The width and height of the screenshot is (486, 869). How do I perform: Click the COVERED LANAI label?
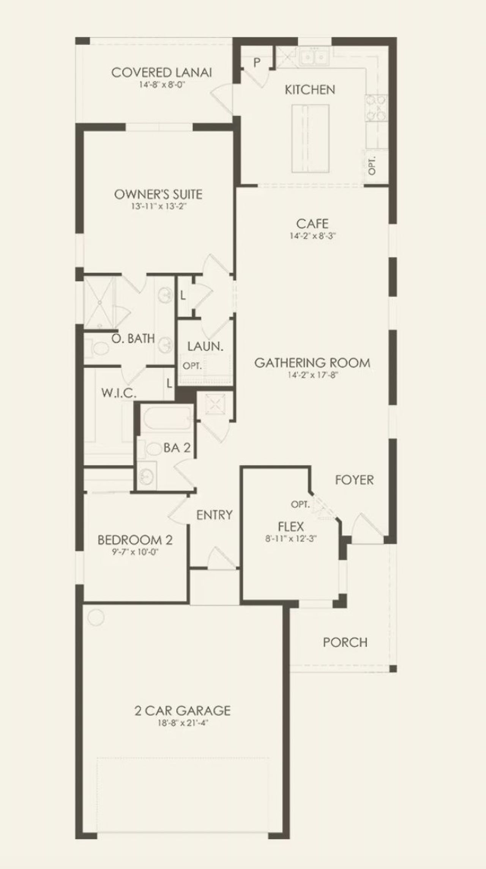click(161, 72)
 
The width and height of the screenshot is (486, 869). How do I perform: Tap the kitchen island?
click(310, 138)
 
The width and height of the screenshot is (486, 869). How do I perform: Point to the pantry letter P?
click(257, 62)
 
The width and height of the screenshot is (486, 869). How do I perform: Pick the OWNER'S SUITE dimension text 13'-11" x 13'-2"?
click(158, 207)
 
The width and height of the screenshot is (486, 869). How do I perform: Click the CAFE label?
click(312, 223)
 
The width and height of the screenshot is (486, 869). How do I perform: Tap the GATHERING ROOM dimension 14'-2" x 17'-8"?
click(312, 375)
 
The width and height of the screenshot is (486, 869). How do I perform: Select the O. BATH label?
click(133, 338)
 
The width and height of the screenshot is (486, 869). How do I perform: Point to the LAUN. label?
click(205, 346)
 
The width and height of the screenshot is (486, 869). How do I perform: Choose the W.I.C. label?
click(118, 393)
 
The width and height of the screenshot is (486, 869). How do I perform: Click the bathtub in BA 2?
click(166, 419)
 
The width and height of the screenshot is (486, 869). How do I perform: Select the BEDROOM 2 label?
click(135, 540)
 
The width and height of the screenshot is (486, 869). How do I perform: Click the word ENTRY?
click(214, 515)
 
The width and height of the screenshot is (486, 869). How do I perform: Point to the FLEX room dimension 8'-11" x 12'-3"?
click(291, 538)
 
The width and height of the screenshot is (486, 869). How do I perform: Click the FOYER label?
click(354, 480)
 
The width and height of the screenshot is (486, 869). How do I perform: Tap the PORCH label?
click(345, 642)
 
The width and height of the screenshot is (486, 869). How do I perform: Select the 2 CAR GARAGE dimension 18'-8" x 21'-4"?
click(183, 723)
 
